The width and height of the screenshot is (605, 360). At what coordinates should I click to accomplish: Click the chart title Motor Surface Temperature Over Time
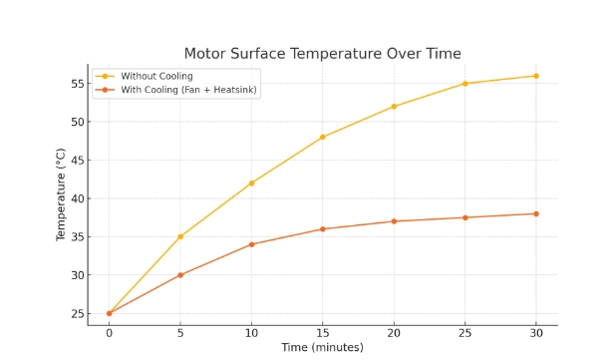[x=322, y=54]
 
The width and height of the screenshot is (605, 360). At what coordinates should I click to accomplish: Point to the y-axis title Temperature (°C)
[x=62, y=194]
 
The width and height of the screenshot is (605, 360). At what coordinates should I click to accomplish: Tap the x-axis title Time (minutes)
[x=322, y=347]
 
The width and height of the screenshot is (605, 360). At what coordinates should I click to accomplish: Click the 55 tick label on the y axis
[x=75, y=84]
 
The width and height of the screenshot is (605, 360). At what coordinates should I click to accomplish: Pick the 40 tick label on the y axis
[x=75, y=198]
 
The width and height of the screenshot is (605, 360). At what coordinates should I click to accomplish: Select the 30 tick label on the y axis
[x=75, y=275]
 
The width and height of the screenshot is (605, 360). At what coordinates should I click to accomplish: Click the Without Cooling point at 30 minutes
[x=535, y=76]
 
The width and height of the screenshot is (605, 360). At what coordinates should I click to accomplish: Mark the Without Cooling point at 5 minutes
[x=180, y=236]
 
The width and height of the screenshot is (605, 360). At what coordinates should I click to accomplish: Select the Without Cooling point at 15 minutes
[x=322, y=137]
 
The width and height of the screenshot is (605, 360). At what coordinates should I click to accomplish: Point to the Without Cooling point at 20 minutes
[x=394, y=107]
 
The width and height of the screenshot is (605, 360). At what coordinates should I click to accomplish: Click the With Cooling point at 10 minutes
[x=251, y=244]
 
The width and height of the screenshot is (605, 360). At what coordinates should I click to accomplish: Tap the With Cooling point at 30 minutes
[x=535, y=213]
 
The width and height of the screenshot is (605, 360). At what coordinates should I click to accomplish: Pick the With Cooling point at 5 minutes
[x=180, y=275]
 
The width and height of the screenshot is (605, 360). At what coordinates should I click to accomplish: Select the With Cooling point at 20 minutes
[x=394, y=221]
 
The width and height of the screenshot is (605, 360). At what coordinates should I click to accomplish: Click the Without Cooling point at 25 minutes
[x=464, y=84]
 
